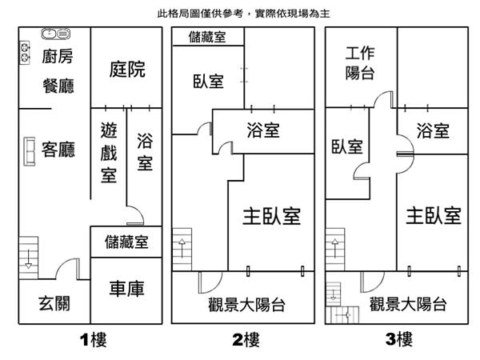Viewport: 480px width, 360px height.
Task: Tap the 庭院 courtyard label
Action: point(127,70)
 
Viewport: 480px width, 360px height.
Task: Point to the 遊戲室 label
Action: point(110,152)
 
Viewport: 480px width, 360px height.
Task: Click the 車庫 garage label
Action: point(126,288)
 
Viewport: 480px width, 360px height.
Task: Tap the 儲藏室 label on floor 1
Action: point(126,242)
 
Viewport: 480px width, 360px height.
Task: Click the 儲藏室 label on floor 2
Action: point(206,37)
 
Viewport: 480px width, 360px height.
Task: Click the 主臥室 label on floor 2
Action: point(271,216)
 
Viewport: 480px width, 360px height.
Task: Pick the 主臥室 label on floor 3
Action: point(433,216)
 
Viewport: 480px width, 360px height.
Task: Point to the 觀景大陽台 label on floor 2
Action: point(249,304)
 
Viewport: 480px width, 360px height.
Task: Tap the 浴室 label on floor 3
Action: point(433,130)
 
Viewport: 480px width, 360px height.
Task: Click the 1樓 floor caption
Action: point(94,340)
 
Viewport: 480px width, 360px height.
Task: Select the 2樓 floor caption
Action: point(246,340)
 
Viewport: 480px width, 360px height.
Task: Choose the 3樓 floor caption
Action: point(399,340)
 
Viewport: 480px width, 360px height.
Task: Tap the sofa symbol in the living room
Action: point(30,152)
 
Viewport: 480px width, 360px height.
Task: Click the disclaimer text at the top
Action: point(245,14)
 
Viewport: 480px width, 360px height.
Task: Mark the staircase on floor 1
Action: point(29,256)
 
